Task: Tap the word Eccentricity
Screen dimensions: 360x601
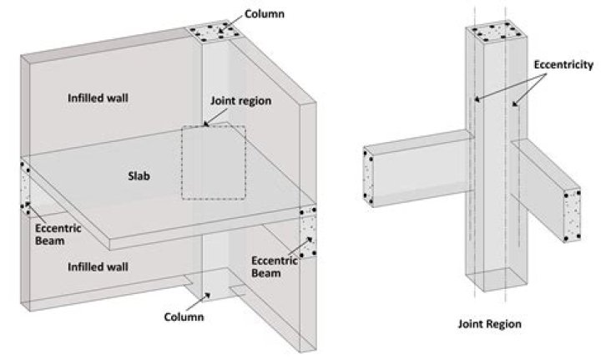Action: [x=563, y=63]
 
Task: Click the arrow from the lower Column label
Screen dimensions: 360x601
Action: [x=203, y=298]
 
